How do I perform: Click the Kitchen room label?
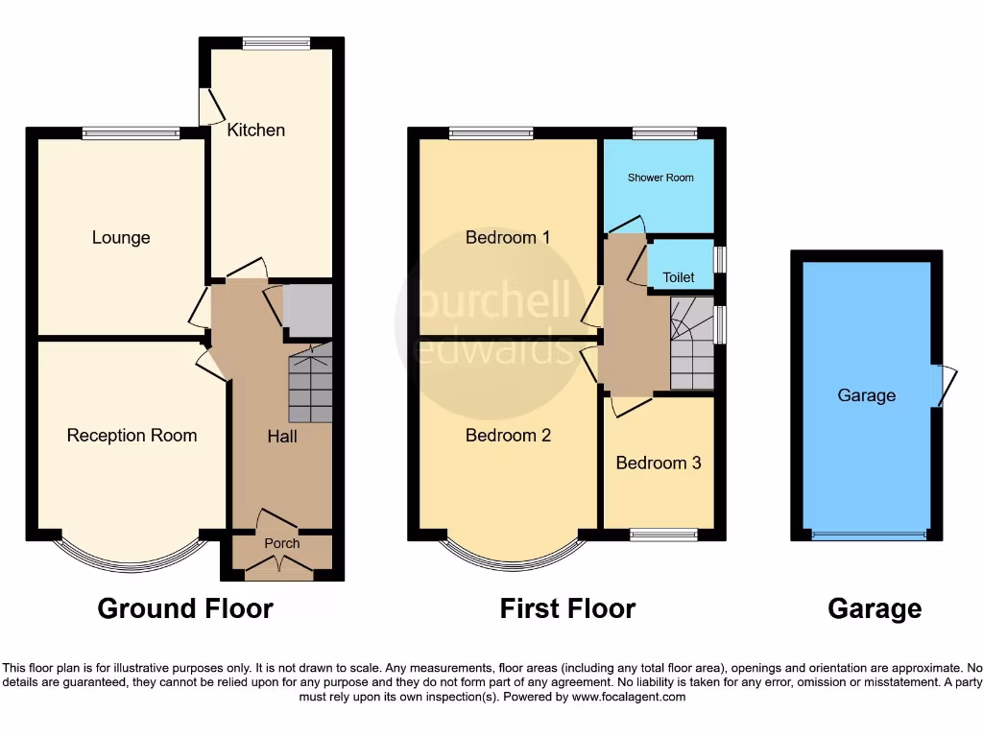pos(255,130)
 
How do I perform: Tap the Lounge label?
pos(121,237)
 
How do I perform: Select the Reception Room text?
pos(132,435)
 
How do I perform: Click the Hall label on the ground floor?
pos(281,437)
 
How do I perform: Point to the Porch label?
pos(281,543)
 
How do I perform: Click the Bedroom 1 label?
pos(507,237)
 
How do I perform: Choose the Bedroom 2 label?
pos(508,435)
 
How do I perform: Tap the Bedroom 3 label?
pos(658,463)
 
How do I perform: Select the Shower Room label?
pos(660,178)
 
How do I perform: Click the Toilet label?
pos(678,277)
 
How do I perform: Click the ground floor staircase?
pos(310,384)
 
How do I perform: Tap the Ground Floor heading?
pos(185,608)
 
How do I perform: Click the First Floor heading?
pos(567,608)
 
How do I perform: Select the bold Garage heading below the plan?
pos(874,608)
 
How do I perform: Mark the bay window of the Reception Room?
pos(132,559)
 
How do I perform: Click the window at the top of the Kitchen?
pos(276,42)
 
